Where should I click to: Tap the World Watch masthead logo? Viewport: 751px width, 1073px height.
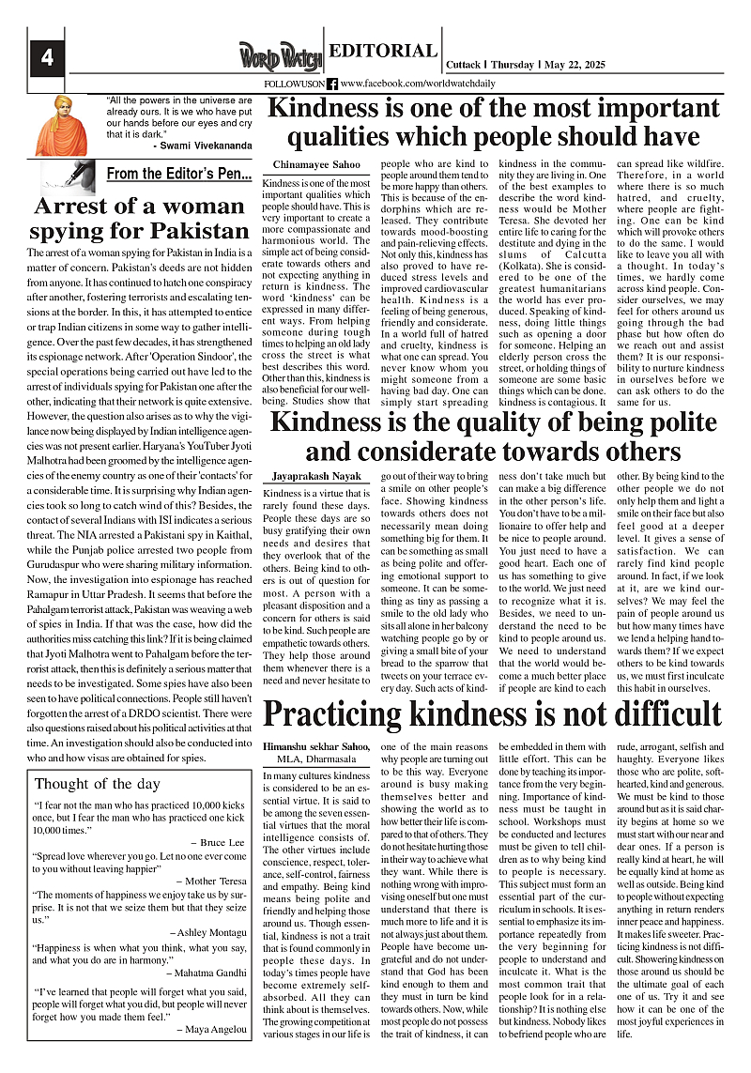(279, 55)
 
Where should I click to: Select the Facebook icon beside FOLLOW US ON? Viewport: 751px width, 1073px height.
(332, 84)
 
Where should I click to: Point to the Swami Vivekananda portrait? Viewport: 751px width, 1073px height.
(61, 125)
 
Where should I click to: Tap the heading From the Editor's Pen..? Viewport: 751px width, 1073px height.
(178, 174)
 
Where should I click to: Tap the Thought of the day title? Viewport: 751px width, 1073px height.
(98, 784)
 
